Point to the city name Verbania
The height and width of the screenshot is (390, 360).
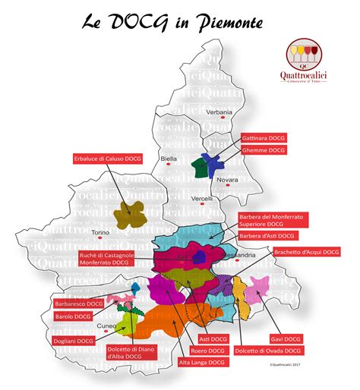pos(219,112)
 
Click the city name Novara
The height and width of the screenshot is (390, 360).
pos(227,180)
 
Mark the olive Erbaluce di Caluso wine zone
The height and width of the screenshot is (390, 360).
pos(131,214)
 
